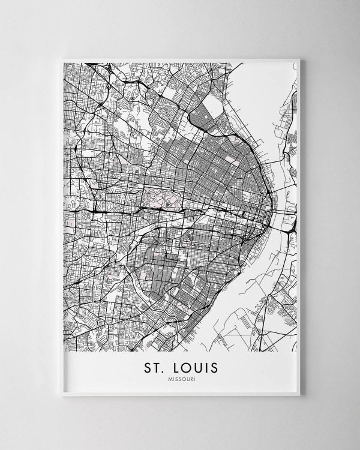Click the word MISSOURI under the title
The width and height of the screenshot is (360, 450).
[180, 378]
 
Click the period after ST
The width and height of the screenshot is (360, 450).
[162, 370]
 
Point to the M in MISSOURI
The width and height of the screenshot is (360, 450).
[170, 378]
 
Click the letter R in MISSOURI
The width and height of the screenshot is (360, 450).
[188, 378]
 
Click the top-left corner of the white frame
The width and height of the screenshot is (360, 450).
[62, 59]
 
